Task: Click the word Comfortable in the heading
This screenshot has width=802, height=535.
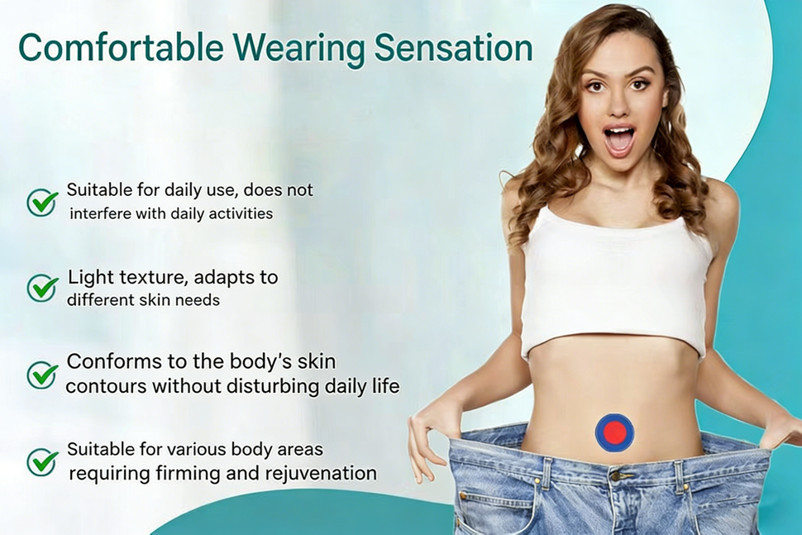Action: [x=121, y=48]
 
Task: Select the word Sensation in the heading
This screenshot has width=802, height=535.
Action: [x=454, y=48]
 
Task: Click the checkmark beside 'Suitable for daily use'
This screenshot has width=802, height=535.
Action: [x=42, y=202]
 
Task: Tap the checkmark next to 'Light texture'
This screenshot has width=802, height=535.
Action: [x=42, y=288]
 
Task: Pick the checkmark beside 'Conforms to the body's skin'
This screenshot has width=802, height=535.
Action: [x=42, y=375]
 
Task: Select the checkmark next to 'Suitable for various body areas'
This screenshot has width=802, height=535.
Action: [x=42, y=461]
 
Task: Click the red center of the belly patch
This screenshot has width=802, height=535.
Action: [x=614, y=432]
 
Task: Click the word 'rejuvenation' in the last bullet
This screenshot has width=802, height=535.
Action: [x=321, y=474]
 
